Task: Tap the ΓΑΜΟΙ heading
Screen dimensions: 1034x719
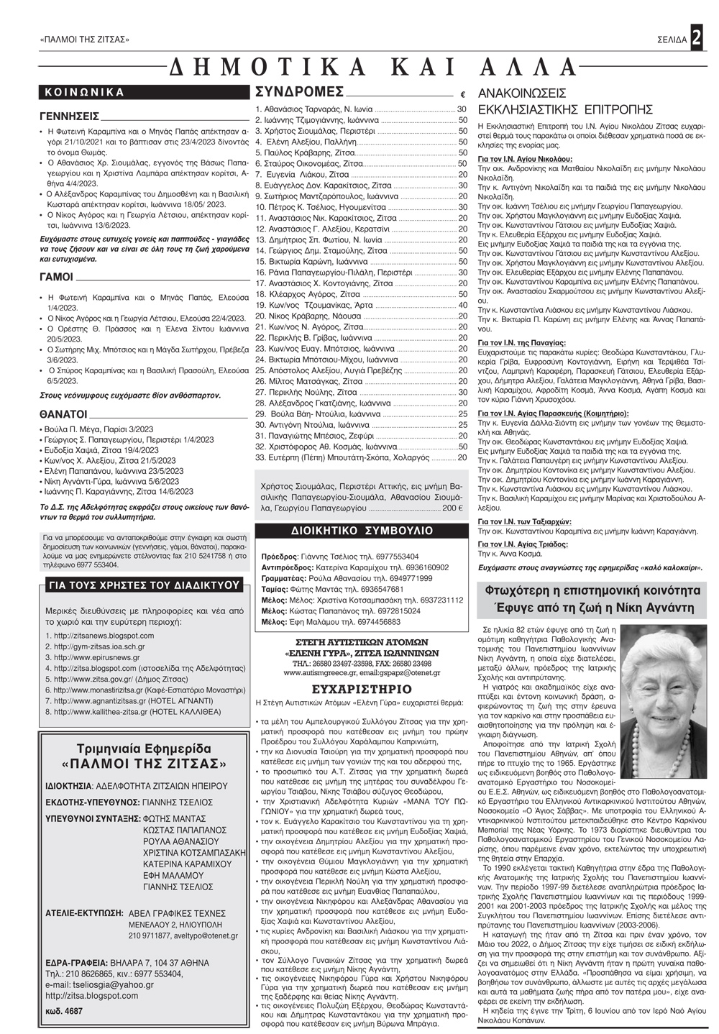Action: pos(56,277)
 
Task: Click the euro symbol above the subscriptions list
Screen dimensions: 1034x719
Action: pos(462,95)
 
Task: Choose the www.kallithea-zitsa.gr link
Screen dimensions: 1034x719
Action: pos(99,712)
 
